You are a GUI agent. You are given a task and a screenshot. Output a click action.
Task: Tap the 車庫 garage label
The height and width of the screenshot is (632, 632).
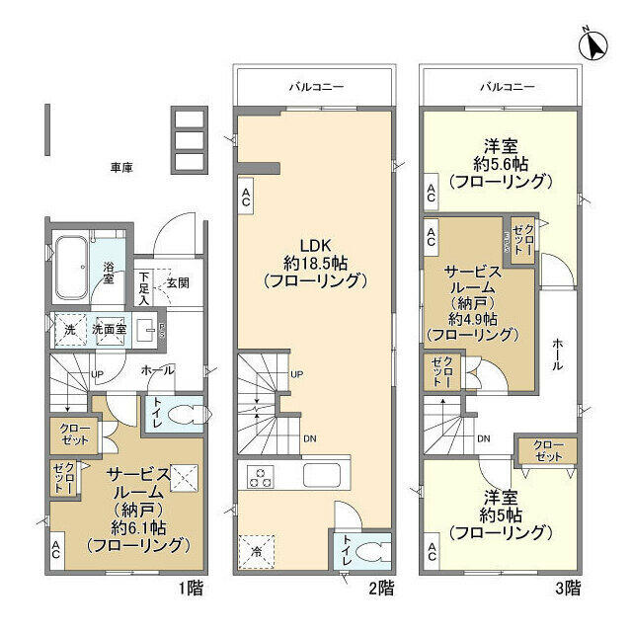pos(121,168)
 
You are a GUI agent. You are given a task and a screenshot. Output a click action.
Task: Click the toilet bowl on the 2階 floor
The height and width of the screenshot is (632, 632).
pos(366,550)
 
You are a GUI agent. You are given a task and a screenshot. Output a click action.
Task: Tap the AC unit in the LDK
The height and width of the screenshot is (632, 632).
pos(245,197)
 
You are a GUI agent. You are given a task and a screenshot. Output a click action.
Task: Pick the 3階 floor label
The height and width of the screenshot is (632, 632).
pos(567,588)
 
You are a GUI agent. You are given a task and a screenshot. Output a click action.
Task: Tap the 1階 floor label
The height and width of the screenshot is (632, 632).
pos(191,588)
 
